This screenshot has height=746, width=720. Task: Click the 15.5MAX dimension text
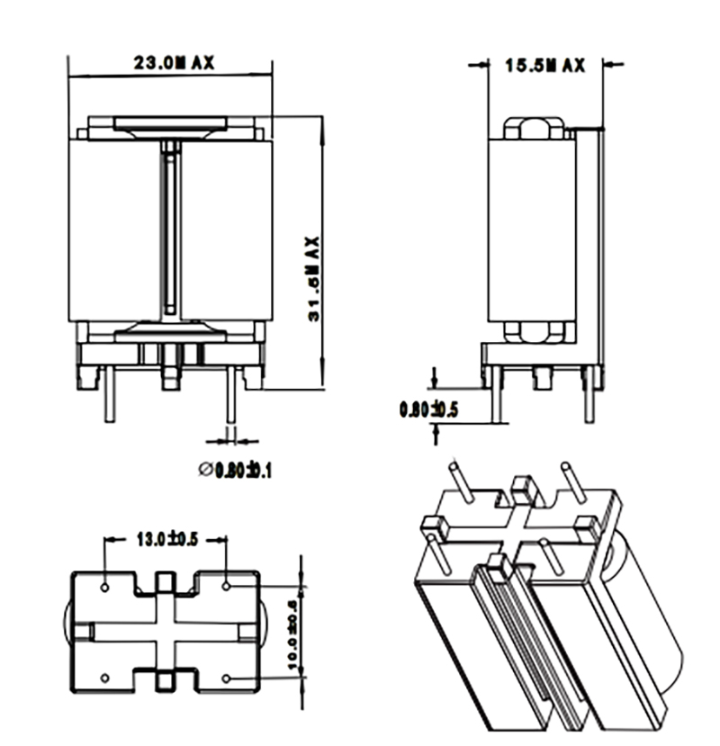pyautogui.click(x=544, y=65)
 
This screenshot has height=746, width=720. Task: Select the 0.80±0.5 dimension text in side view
pyautogui.click(x=429, y=410)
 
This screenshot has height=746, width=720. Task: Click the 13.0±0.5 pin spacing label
pyautogui.click(x=166, y=540)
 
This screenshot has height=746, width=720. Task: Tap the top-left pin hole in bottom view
pyautogui.click(x=106, y=586)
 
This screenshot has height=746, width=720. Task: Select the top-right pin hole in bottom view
pyautogui.click(x=227, y=586)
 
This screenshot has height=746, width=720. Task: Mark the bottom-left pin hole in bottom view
pyautogui.click(x=106, y=677)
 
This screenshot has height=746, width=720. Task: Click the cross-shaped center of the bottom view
pyautogui.click(x=166, y=631)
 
